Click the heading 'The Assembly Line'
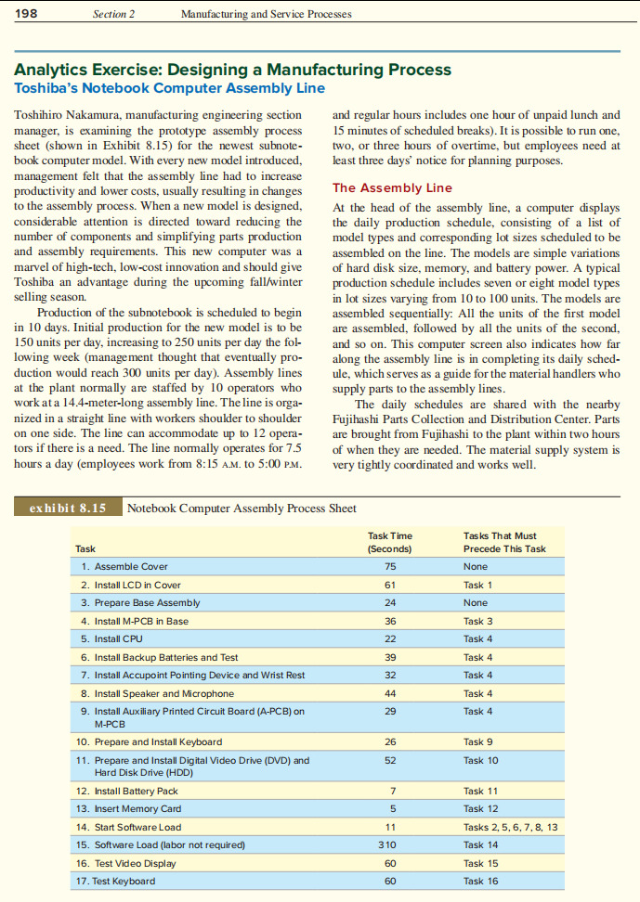[x=392, y=187]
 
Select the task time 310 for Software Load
[x=389, y=844]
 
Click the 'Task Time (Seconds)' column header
[x=390, y=542]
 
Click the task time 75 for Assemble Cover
[x=389, y=567]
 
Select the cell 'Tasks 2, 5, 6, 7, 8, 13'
[x=510, y=827]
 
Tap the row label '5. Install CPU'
[x=111, y=638]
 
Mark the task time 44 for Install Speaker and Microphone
[x=389, y=693]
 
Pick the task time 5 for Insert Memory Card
[x=389, y=809]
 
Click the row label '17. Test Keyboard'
[x=117, y=881]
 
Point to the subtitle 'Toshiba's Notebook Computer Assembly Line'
[x=169, y=88]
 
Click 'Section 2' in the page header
[x=113, y=15]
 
